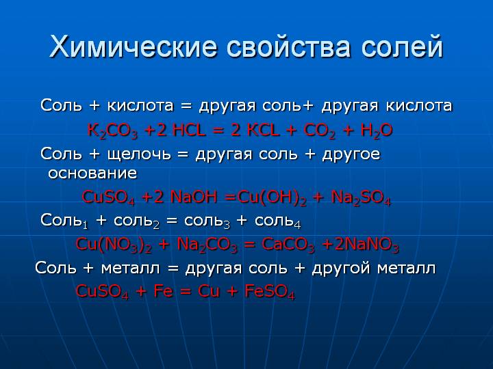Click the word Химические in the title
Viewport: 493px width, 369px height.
click(133, 47)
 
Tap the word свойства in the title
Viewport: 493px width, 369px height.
click(288, 48)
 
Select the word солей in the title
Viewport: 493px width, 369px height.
click(401, 46)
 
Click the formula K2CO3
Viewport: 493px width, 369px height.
click(112, 131)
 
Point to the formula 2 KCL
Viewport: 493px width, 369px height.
click(255, 130)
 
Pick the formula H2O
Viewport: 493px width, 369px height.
click(377, 131)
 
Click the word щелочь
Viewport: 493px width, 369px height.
click(139, 154)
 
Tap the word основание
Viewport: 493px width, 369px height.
click(92, 173)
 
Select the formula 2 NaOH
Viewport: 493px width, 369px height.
click(185, 197)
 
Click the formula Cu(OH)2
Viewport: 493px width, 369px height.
click(272, 197)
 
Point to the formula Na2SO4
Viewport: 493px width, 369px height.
click(361, 197)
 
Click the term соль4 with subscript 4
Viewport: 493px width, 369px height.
click(277, 221)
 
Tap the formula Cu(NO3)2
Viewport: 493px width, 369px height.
click(114, 245)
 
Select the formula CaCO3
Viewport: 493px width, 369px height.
click(288, 245)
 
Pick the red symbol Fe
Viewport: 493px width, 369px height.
click(163, 291)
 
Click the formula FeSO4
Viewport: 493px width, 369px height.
click(270, 292)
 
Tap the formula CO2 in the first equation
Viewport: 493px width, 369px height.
click(320, 131)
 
